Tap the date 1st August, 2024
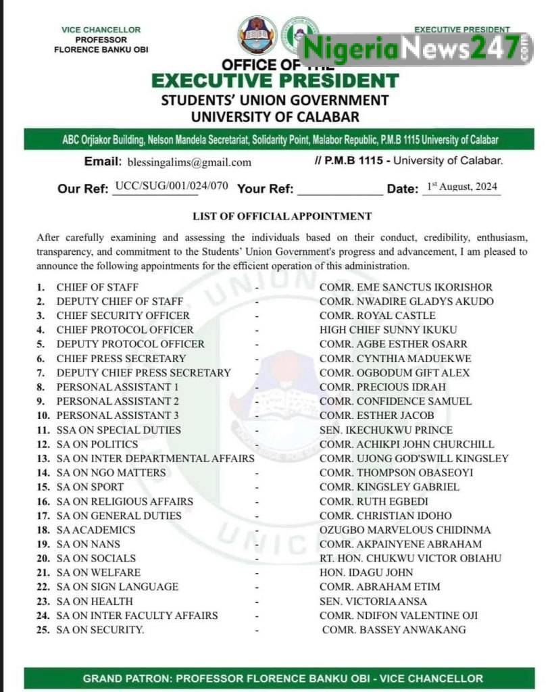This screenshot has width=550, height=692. [x=463, y=186]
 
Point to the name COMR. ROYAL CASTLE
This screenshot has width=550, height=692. [x=377, y=316]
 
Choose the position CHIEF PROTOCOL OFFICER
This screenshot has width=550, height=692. [x=125, y=330]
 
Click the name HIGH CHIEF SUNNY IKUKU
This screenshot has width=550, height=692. [x=388, y=330]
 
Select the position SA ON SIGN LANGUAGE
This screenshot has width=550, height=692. [x=118, y=587]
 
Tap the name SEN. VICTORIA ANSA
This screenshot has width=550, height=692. [x=373, y=601]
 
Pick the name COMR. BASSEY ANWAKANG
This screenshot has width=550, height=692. [x=394, y=630]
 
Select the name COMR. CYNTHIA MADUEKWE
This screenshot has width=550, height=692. [x=395, y=358]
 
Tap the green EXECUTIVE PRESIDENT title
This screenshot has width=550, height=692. [x=275, y=81]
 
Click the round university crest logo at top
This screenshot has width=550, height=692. [x=257, y=35]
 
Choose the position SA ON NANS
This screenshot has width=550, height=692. [x=89, y=544]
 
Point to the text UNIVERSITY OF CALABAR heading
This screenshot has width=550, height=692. [x=275, y=116]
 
